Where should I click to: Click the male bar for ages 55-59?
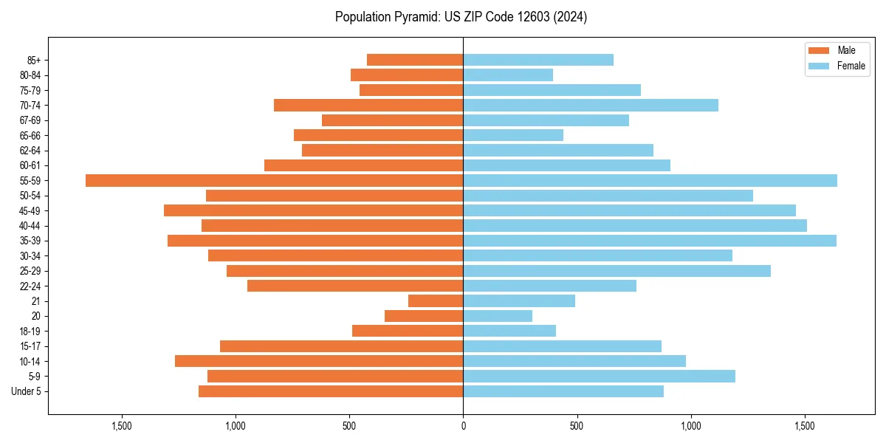274,180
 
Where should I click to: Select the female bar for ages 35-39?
650,241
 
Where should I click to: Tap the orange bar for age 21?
436,301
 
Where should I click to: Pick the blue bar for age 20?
498,316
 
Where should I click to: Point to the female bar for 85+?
538,60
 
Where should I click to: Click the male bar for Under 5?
331,391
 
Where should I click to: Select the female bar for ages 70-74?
591,105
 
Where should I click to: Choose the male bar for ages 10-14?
319,361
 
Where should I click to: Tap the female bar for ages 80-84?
508,75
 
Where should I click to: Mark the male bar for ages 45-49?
313,210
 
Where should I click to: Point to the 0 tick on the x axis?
463,426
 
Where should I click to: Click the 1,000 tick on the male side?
236,426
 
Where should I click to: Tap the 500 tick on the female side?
577,426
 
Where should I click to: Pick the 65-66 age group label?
30,135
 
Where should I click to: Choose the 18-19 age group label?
30,332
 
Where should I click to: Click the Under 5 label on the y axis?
27,391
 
